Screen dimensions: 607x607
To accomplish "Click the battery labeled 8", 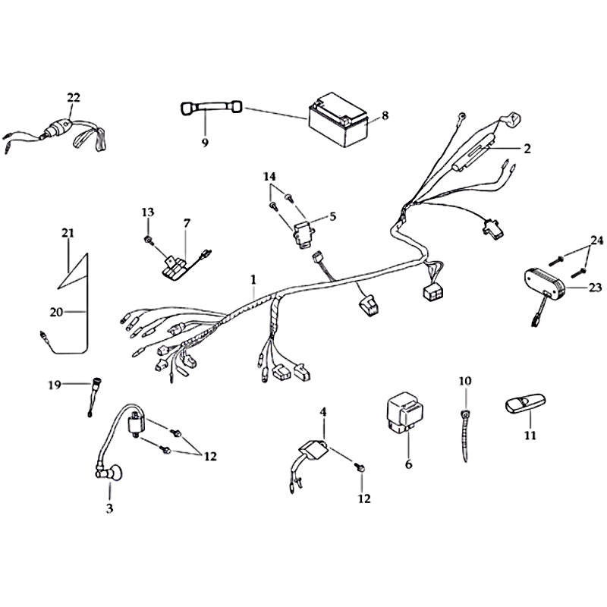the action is click(x=338, y=120).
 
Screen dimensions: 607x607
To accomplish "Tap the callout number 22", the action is click(x=73, y=98).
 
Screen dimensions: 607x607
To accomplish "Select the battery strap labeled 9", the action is click(x=212, y=108).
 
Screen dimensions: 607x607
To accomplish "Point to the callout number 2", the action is click(x=527, y=149).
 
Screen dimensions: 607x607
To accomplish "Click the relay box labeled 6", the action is click(x=405, y=412).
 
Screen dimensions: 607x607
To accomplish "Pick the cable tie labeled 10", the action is click(x=465, y=436).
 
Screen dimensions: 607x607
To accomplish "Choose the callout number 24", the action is click(x=596, y=241).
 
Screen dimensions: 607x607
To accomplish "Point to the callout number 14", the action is click(x=269, y=177).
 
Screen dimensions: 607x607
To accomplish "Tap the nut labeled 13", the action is click(x=147, y=241).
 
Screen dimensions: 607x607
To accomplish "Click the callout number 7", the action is click(x=187, y=223).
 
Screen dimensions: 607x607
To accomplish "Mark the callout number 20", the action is click(x=56, y=312).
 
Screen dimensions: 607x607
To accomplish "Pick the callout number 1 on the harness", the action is click(x=253, y=279).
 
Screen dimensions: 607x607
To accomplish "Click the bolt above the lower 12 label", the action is click(x=360, y=468).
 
